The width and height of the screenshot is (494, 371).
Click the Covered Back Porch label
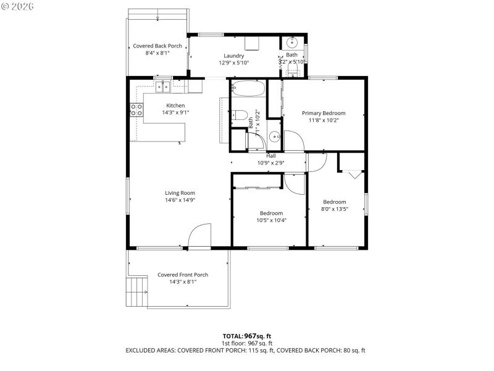[157, 46]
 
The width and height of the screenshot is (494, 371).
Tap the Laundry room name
[233, 56]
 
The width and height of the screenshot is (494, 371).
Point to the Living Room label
[180, 193]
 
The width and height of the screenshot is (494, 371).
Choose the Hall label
[270, 156]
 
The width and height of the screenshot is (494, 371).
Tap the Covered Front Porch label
[182, 275]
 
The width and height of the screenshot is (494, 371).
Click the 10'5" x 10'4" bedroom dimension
[271, 220]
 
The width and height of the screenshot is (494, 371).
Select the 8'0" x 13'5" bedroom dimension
[334, 209]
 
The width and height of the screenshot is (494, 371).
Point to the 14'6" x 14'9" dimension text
[180, 200]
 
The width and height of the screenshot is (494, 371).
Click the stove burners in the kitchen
[136, 110]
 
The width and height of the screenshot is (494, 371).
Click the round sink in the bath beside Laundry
[292, 43]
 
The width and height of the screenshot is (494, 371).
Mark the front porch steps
[137, 292]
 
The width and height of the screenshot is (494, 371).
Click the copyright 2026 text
[18, 6]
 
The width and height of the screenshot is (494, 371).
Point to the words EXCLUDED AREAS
[151, 351]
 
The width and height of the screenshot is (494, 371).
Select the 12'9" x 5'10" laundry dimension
[233, 62]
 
